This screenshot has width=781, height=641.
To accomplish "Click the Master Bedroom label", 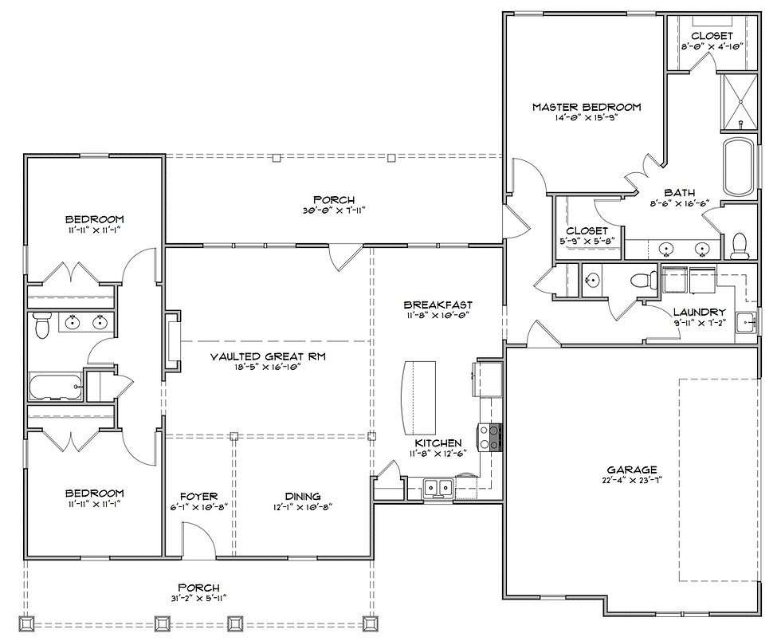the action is [x=587, y=107].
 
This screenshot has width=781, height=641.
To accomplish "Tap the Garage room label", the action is [x=631, y=470].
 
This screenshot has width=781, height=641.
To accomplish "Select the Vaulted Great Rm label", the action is [x=268, y=356].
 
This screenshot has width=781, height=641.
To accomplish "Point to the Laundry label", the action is [x=700, y=312].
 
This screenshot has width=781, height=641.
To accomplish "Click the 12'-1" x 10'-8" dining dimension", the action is [x=302, y=507].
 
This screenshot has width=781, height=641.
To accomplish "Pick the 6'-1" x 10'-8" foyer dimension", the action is [x=198, y=507].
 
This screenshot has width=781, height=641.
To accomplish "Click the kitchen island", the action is [x=418, y=399].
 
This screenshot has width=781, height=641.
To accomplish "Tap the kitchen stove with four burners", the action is [x=489, y=437].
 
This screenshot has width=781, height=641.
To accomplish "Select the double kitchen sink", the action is [x=438, y=486].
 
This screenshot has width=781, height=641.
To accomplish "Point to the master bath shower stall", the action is [x=740, y=103].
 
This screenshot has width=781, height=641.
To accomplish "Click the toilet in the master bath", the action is [x=740, y=246].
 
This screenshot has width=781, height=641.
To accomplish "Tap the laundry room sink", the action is [x=746, y=324].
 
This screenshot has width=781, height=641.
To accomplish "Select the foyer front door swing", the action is [x=198, y=538].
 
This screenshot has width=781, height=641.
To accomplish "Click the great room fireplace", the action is [x=173, y=341].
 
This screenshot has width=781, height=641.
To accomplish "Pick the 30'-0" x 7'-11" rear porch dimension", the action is [x=334, y=210].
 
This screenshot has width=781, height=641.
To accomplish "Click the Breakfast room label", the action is [x=438, y=305].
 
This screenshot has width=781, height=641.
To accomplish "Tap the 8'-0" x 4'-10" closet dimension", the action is [x=712, y=46].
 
